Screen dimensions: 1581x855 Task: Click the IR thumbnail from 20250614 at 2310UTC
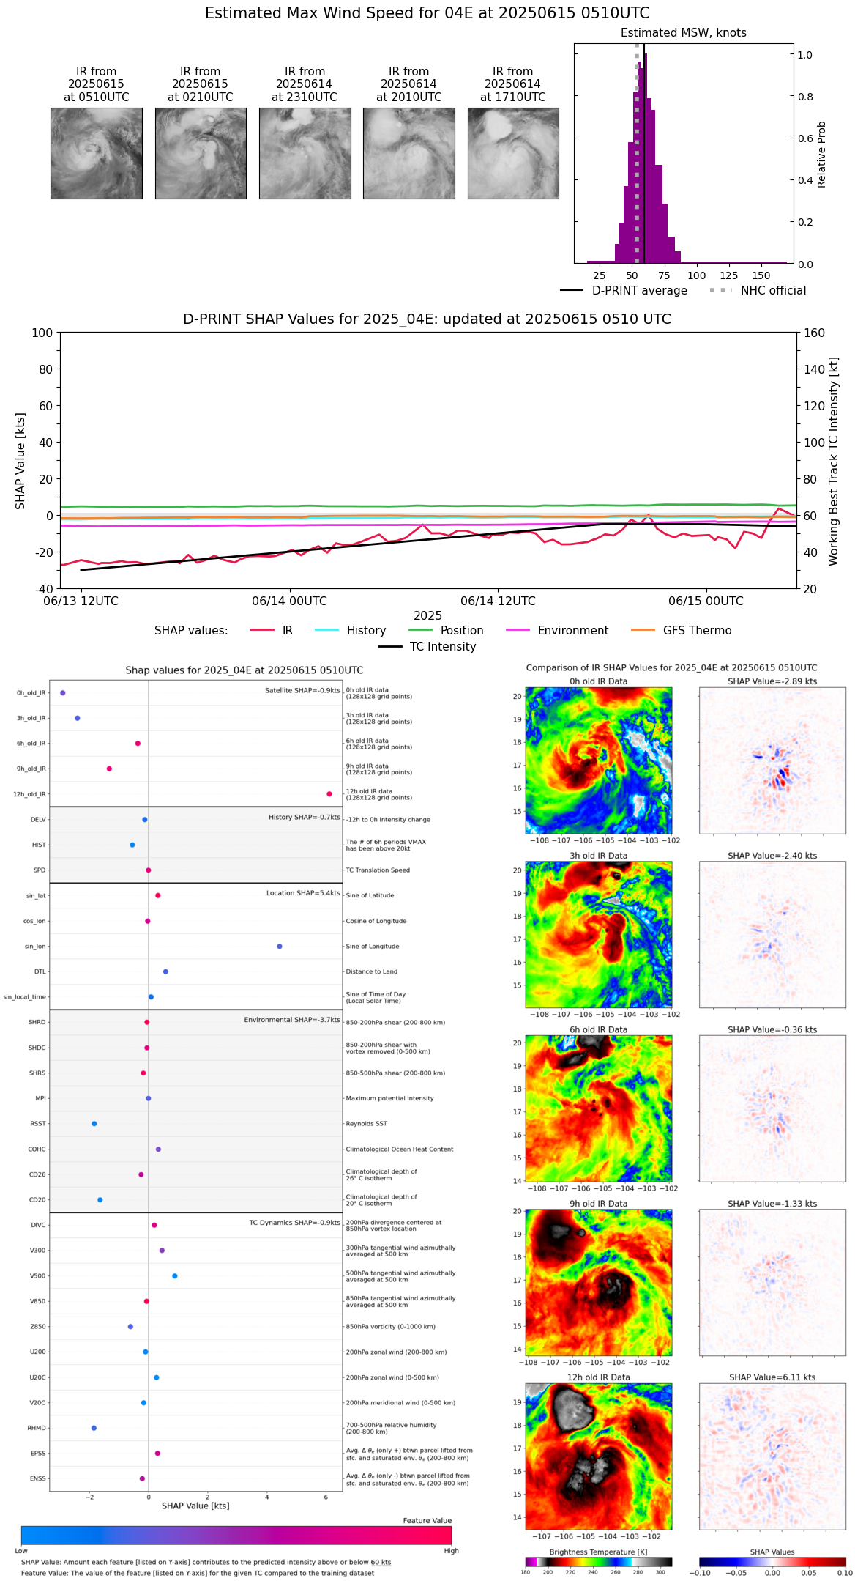point(305,153)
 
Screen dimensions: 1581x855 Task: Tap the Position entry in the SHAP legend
point(461,630)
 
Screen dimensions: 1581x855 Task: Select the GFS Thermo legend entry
point(697,630)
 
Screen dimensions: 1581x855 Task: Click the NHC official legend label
point(773,290)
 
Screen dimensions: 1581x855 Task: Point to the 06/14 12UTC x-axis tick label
point(498,601)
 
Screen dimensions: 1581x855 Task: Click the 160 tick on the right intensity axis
point(814,333)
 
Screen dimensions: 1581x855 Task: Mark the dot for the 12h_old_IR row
point(329,794)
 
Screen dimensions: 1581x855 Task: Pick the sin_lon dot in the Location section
point(280,947)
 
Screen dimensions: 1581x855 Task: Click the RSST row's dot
point(94,1124)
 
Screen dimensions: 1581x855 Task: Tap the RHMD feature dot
point(94,1428)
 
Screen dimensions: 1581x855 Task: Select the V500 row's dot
point(175,1276)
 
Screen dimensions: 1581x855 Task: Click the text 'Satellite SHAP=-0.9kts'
point(302,690)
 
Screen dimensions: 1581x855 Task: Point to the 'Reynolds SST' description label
point(367,1124)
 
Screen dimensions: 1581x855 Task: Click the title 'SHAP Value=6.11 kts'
point(772,1377)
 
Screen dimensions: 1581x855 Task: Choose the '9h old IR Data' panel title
point(598,1204)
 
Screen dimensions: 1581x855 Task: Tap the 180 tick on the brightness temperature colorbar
point(526,1572)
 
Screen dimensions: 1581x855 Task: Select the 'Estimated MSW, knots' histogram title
point(683,33)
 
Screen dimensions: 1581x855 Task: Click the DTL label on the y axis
point(40,971)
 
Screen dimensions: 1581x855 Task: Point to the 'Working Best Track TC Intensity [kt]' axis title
point(834,462)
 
